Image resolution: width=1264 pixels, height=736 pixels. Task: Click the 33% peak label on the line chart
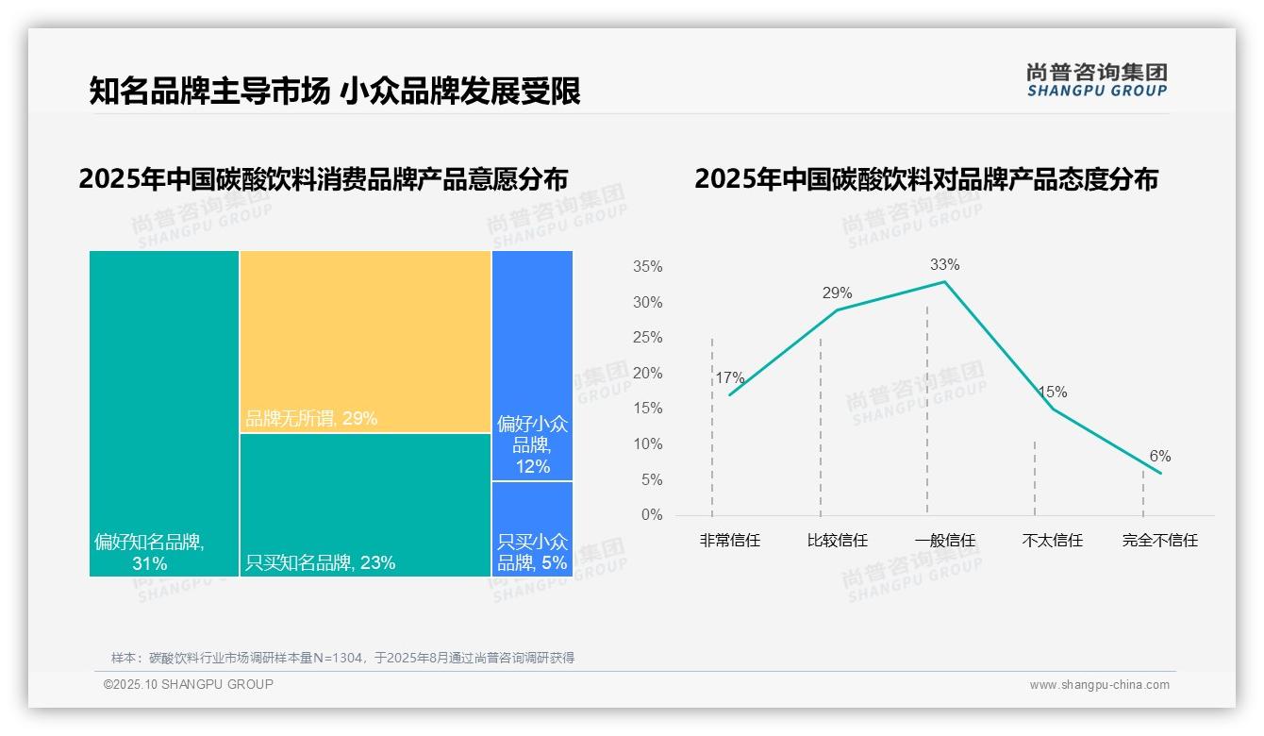coord(944,264)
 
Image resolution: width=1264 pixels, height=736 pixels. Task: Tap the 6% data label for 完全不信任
coord(1159,457)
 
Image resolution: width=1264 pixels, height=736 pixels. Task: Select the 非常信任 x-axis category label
coord(729,541)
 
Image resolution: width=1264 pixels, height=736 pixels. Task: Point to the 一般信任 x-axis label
coord(944,541)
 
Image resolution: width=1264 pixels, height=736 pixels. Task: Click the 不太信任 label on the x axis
coord(1052,541)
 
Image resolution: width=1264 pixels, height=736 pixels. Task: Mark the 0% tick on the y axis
coord(651,515)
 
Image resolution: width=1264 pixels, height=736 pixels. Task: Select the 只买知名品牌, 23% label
coord(320,563)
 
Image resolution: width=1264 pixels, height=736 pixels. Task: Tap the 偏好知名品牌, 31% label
coord(149,553)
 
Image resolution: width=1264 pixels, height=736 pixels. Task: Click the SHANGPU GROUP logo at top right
coord(1096,79)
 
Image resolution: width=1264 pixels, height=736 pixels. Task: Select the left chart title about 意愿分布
coord(324,178)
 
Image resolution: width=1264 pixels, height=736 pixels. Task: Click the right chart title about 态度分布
coord(925,178)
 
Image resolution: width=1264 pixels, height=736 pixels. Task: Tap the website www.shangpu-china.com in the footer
coord(1099,685)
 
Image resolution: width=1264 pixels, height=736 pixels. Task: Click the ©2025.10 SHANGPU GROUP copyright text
coord(188,684)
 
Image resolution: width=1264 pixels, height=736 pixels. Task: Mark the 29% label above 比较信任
coord(837,293)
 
